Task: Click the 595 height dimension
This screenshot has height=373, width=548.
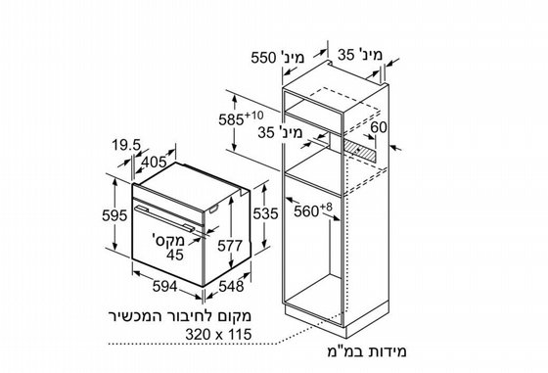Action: pos(114,215)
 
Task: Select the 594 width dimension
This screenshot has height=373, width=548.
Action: pos(165,287)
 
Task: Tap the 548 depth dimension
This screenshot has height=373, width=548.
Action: pos(231,287)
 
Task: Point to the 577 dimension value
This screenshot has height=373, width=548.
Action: pos(230,246)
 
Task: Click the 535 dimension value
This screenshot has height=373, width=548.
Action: pos(265,213)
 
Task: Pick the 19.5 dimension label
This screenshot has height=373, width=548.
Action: pos(126,145)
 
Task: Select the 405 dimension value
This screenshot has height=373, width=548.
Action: pos(155,162)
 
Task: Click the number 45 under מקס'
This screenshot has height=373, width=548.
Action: pos(175,255)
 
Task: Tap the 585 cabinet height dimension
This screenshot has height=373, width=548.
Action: pos(231,119)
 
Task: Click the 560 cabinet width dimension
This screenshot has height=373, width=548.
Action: pos(306,211)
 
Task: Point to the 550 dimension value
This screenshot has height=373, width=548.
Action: pos(264,58)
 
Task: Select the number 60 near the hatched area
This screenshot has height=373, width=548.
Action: pos(379,127)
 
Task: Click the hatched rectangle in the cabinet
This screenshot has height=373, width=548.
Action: pos(360,150)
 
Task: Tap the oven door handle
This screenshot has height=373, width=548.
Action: pos(164,218)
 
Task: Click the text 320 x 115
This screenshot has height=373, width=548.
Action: pos(218,334)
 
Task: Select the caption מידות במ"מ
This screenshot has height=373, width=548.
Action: pos(367,351)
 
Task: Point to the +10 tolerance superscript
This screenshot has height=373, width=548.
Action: pos(254,115)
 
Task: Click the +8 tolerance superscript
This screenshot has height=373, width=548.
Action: pos(326,207)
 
